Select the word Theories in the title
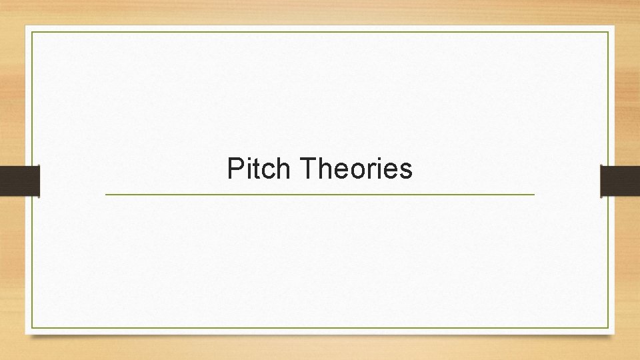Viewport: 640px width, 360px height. pos(357,169)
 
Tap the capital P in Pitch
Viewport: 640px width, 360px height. pos(235,169)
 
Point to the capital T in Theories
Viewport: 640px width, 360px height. pos(308,169)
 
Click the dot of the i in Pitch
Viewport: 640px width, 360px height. pos(248,159)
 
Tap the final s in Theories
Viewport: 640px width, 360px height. pos(406,172)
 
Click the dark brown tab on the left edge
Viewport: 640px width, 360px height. pos(19,180)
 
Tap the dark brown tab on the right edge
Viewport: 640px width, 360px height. pos(620,180)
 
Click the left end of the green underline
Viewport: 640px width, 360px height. pos(106,194)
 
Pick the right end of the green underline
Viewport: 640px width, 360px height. pos(534,194)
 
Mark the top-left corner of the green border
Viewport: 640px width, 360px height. pos(31,31)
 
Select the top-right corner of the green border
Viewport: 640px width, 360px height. pos(609,31)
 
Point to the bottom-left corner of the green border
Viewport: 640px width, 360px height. pos(31,328)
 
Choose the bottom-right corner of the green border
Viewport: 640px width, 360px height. pos(609,328)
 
